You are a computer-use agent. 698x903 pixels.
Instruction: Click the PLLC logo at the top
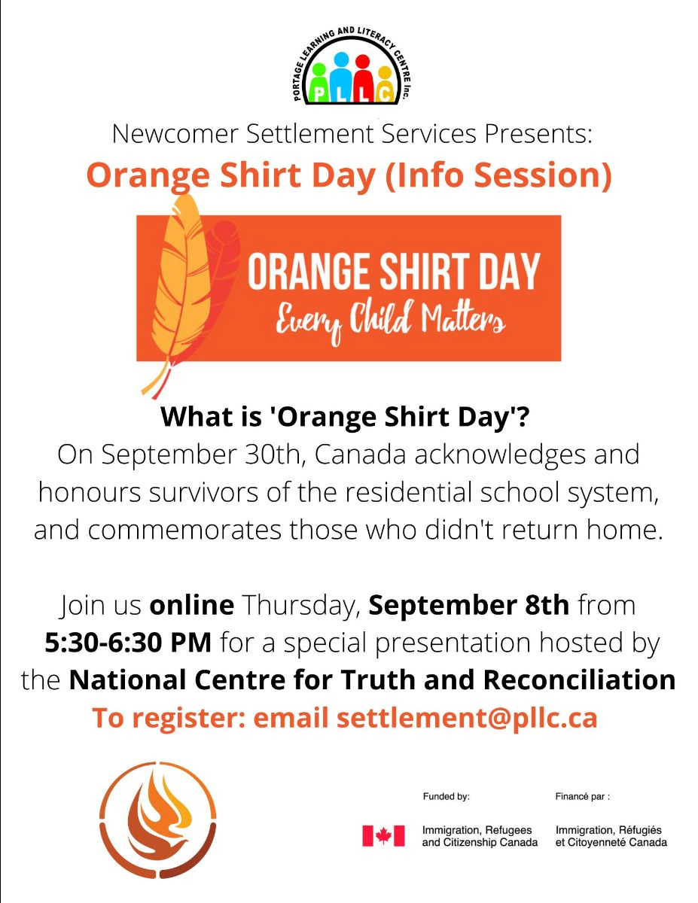click(352, 66)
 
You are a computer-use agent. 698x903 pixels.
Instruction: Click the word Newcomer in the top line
click(175, 134)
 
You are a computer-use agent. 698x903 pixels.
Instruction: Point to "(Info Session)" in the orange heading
click(498, 175)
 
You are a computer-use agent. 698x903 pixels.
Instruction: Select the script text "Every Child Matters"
click(391, 320)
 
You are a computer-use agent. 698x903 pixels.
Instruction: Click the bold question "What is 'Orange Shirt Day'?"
click(345, 416)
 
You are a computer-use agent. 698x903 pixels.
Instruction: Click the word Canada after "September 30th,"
click(360, 455)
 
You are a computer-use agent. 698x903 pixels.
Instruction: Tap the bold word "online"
click(192, 605)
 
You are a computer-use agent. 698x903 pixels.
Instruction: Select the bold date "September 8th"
click(469, 606)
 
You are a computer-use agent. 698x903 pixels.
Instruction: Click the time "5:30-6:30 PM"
click(128, 643)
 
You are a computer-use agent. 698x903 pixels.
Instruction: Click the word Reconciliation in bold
click(579, 680)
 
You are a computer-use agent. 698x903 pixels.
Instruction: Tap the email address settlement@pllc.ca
click(467, 718)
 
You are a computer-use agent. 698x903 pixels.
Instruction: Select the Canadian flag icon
click(383, 836)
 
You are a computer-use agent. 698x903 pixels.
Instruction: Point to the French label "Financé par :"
click(583, 796)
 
